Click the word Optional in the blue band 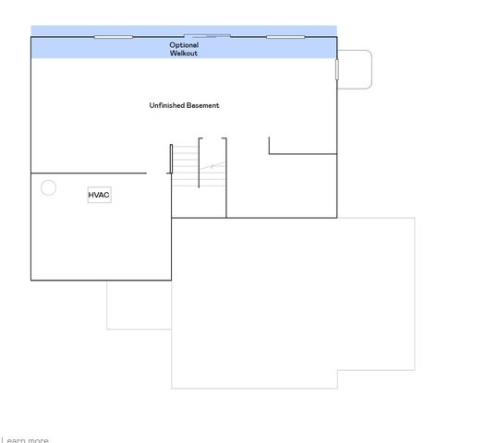coord(184,45)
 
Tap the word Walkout coord(184,54)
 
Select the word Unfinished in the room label coord(166,105)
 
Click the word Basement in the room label coord(203,105)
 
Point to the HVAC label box coord(99,195)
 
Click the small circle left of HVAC coord(49,188)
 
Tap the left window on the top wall coord(114,37)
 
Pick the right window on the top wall coord(285,37)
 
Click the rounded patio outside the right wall coord(356,69)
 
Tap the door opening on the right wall coord(337,69)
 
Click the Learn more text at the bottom coord(26,440)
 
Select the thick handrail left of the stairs coord(171,159)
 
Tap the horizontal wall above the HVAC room coord(88,173)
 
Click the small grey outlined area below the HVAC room coord(139,305)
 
